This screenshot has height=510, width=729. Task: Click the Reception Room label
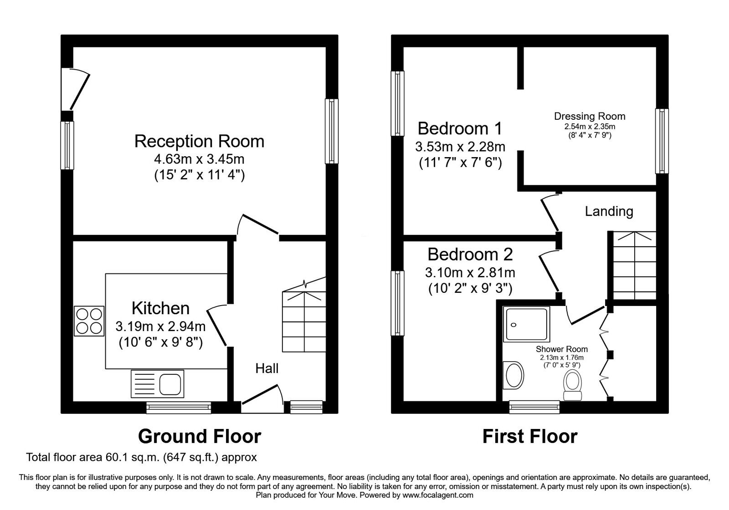point(199,141)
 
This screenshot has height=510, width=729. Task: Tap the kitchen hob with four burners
point(89,321)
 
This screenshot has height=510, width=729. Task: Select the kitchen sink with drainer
point(157,383)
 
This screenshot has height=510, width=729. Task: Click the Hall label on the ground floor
point(267,368)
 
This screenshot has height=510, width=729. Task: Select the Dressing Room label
point(589,116)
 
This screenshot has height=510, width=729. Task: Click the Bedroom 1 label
point(460,128)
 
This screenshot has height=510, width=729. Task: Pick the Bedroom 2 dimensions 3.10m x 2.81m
point(470,273)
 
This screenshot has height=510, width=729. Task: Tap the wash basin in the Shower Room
point(514,375)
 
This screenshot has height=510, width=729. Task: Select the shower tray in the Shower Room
point(526,324)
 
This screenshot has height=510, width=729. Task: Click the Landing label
point(609,211)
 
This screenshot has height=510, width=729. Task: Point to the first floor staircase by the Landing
point(633,265)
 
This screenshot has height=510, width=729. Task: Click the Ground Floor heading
point(199,436)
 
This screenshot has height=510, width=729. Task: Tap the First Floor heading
point(529,436)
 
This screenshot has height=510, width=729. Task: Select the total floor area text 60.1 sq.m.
point(141,457)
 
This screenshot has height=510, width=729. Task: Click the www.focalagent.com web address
point(438,495)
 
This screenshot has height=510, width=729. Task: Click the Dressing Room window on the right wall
point(662,141)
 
